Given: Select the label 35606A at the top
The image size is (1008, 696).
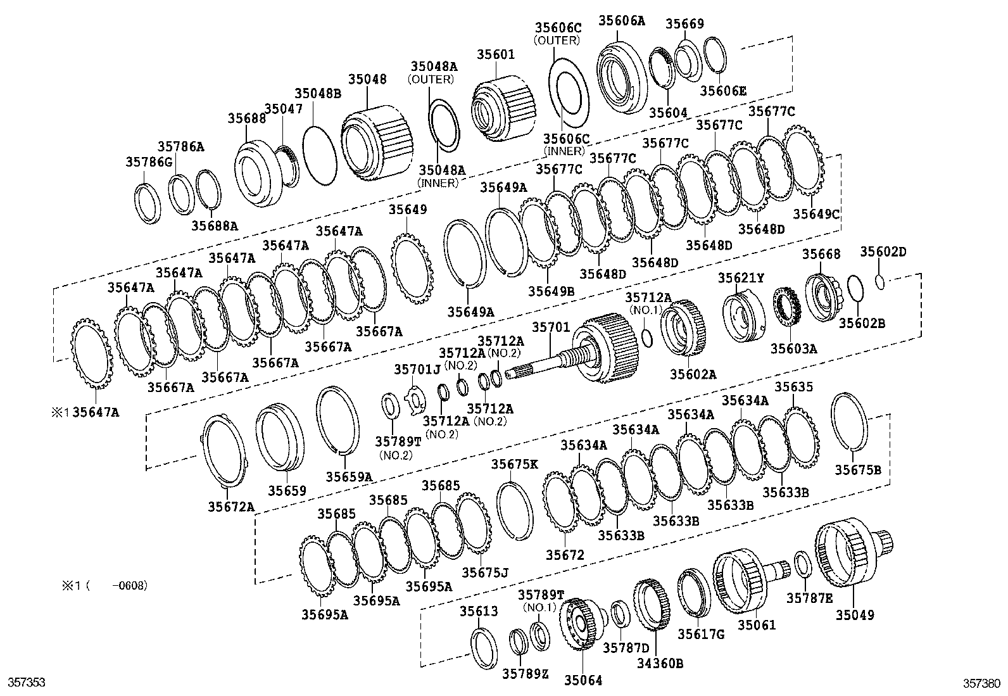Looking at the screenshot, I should point(621,20).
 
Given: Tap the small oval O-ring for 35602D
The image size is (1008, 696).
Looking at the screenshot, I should point(880,281).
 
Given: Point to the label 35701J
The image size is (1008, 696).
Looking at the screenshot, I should point(417,369).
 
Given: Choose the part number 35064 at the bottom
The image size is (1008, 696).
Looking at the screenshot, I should point(583,680).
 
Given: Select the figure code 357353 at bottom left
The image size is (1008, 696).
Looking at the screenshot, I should point(26,683).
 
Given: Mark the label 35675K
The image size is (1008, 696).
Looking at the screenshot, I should point(514,464).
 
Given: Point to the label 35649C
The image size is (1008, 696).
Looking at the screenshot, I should point(816,213).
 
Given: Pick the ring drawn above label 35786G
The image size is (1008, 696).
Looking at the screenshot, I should point(147,203).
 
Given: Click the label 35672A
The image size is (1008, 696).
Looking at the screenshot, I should point(230,506).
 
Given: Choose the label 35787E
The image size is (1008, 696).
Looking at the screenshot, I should point(809,598).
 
